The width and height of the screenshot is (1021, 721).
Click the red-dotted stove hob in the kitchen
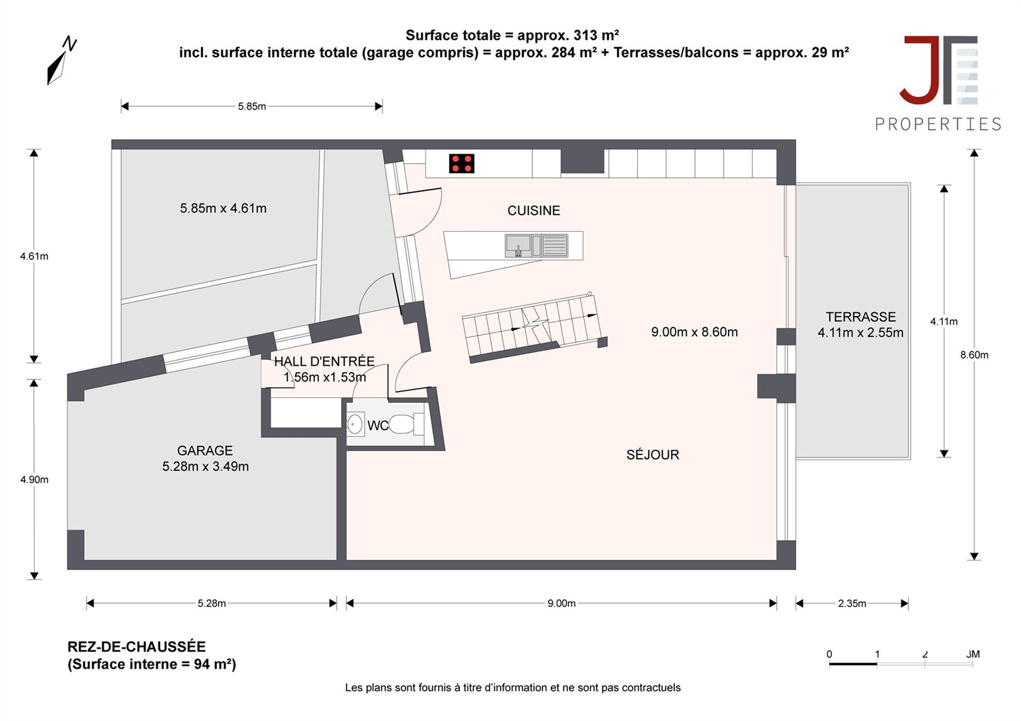pyautogui.click(x=461, y=164)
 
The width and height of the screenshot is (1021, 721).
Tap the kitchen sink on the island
pyautogui.click(x=536, y=246)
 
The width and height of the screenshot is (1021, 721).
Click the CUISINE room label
pyautogui.click(x=534, y=210)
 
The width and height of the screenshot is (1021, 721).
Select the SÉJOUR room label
pyautogui.click(x=653, y=454)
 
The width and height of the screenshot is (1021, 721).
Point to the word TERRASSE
pyautogui.click(x=860, y=317)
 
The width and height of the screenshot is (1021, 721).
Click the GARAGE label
pyautogui.click(x=205, y=450)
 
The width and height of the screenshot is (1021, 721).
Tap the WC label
pyautogui.click(x=378, y=426)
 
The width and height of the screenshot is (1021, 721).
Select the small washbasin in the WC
pyautogui.click(x=355, y=424)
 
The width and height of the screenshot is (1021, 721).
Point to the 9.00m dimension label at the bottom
pyautogui.click(x=562, y=603)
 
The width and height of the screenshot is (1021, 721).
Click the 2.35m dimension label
pyautogui.click(x=852, y=603)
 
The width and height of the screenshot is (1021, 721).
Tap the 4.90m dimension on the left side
pyautogui.click(x=34, y=479)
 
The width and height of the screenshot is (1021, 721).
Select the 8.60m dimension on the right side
pyautogui.click(x=974, y=355)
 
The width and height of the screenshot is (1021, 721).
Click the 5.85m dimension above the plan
pyautogui.click(x=251, y=106)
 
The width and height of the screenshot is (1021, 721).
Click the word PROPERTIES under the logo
pyautogui.click(x=938, y=124)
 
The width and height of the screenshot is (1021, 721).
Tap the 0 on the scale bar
pyautogui.click(x=829, y=654)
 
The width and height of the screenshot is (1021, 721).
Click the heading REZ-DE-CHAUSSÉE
pyautogui.click(x=136, y=647)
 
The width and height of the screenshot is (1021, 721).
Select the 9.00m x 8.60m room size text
pyautogui.click(x=694, y=332)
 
